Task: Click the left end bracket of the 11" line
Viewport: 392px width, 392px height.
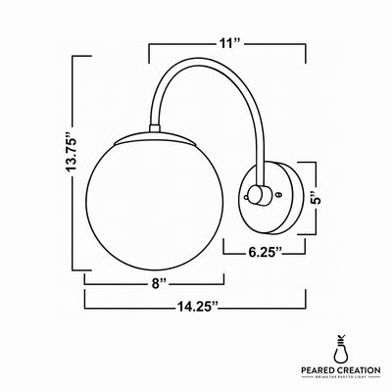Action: point(148,49)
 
